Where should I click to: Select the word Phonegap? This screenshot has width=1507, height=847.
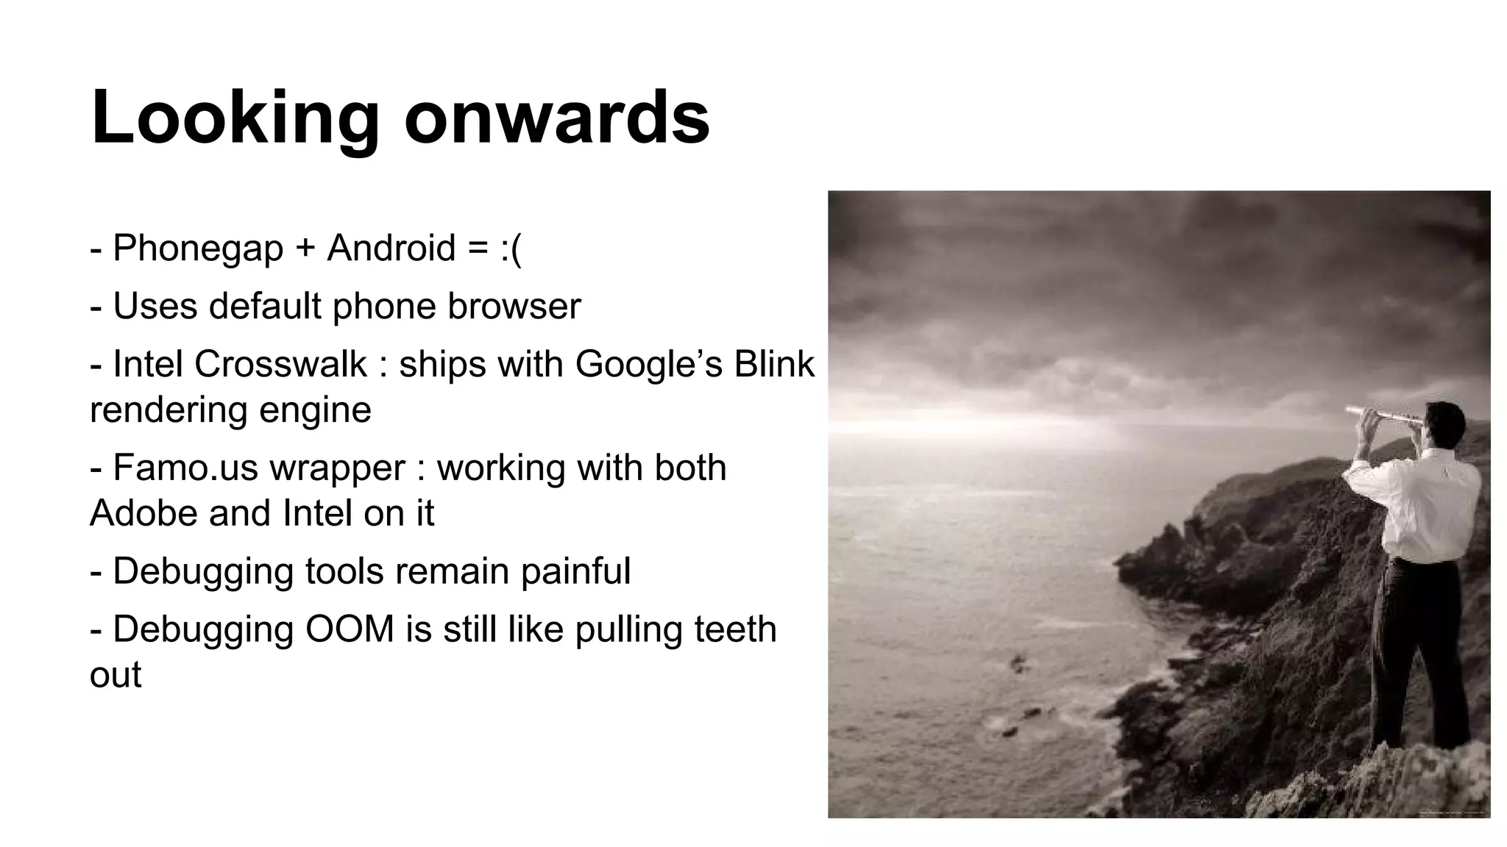tap(198, 248)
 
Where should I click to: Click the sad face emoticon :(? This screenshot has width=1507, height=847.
tap(510, 248)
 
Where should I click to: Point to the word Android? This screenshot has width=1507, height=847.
tap(391, 248)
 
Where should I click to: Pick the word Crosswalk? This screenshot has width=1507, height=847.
tap(280, 364)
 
